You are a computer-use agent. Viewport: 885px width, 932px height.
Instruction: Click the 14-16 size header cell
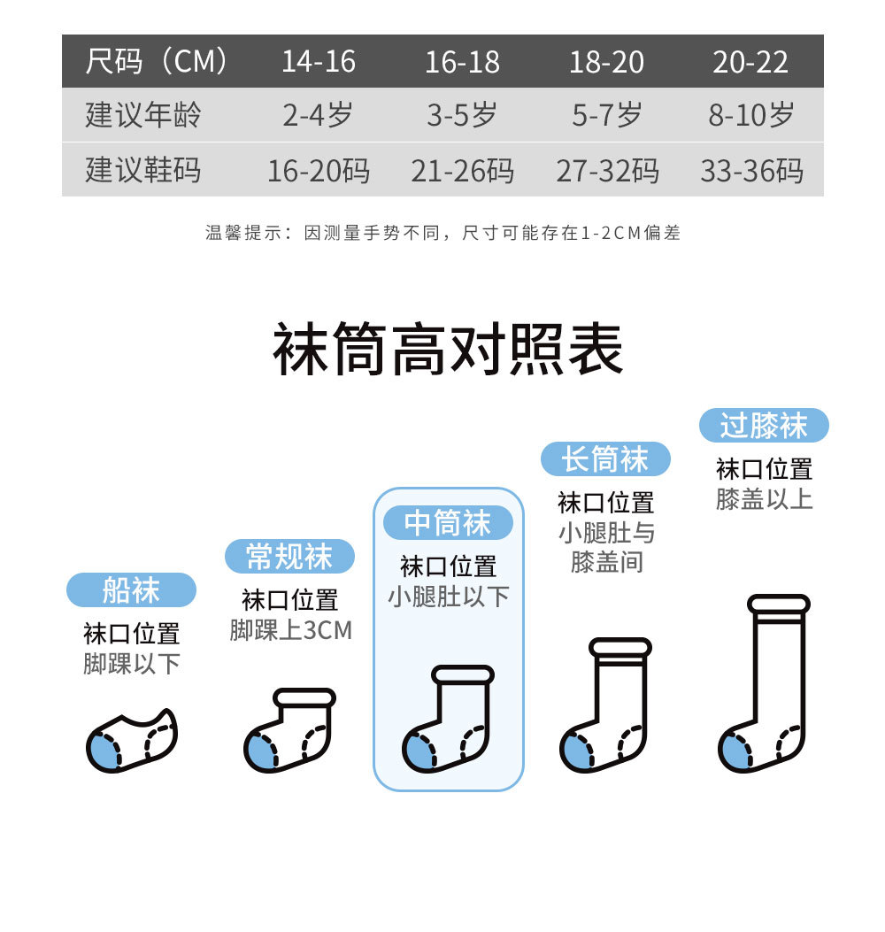point(319,62)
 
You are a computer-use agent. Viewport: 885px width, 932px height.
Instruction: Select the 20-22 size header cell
point(750,62)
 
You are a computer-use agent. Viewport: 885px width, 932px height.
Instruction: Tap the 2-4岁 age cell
point(318,115)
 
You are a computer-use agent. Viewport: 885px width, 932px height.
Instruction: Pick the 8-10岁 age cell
point(750,115)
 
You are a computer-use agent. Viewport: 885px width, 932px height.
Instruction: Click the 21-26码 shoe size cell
point(462,170)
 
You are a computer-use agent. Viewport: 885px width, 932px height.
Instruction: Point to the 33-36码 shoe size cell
point(751,170)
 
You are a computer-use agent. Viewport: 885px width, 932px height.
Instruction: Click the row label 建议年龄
point(143,115)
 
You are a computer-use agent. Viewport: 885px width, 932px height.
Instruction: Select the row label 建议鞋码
point(143,170)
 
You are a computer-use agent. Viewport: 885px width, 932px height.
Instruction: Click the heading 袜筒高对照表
point(448,350)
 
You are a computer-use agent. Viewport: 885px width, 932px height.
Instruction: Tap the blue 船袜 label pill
point(131,590)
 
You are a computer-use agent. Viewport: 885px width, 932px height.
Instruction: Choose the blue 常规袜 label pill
point(289,557)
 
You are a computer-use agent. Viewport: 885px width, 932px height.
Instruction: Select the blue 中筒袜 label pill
point(448,523)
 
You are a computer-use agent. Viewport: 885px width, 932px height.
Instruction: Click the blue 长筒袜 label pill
point(605,459)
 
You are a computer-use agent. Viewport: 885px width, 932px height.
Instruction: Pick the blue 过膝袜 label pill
point(764,426)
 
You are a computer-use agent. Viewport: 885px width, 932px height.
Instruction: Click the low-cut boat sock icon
point(131,739)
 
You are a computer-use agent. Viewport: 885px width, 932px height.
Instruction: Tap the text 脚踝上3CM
point(290,630)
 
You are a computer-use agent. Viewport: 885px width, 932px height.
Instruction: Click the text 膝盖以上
point(764,498)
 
